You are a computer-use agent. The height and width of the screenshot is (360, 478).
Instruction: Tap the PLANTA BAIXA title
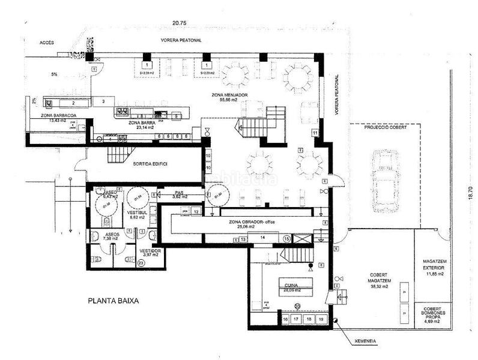(113, 302)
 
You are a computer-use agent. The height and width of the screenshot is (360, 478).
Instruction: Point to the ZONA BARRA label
(142, 122)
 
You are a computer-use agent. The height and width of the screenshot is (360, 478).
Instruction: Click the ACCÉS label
(47, 43)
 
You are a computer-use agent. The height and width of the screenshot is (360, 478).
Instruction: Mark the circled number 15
(286, 239)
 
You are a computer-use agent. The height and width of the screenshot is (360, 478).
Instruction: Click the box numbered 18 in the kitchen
(309, 319)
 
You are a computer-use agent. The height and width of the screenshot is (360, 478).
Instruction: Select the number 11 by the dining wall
(314, 132)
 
